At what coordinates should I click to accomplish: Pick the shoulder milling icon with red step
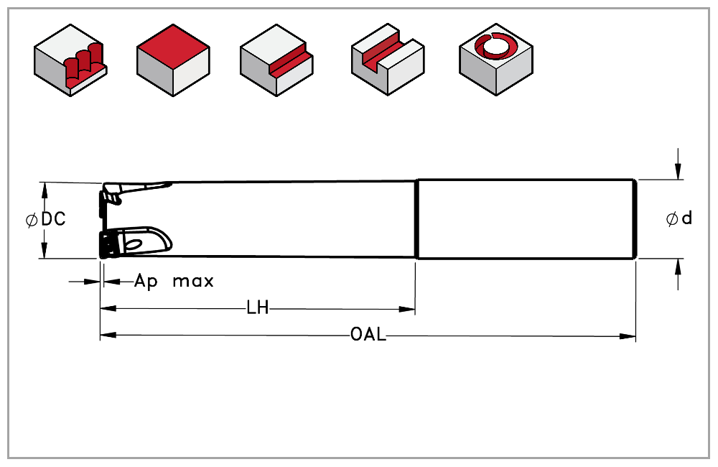click(x=276, y=60)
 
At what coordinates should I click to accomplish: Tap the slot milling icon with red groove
click(x=387, y=60)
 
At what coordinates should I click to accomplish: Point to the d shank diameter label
click(x=687, y=218)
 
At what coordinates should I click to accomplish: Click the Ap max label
click(x=174, y=281)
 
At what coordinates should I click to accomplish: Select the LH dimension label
click(x=257, y=309)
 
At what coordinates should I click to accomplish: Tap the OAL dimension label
click(x=368, y=335)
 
